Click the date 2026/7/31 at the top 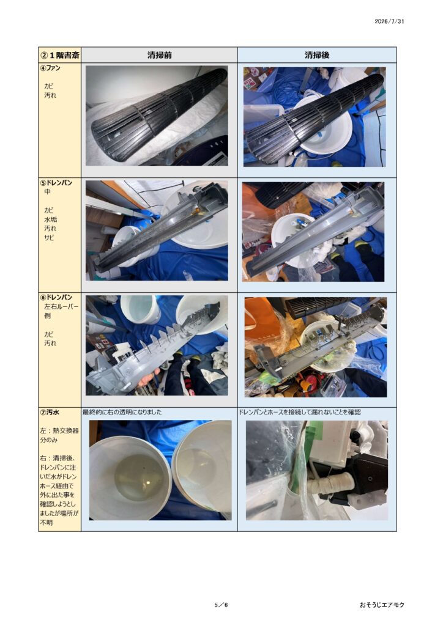pos(389,21)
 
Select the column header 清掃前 pos(159,55)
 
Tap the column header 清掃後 pos(317,55)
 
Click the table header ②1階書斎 pos(60,55)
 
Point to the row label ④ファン pos(50,68)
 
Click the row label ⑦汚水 pos(50,412)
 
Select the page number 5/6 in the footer pos(221,605)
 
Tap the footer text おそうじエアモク pos(382,605)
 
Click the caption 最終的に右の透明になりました pos(122,412)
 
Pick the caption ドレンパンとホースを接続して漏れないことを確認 pos(300,412)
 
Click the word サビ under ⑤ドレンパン pos(49,238)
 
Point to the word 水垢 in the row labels pos(50,219)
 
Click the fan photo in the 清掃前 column pos(157,116)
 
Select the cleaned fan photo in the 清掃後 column pos(315,117)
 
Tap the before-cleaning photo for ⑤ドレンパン pos(157,230)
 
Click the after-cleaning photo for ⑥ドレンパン pos(316,347)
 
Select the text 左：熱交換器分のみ pos(59,435)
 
